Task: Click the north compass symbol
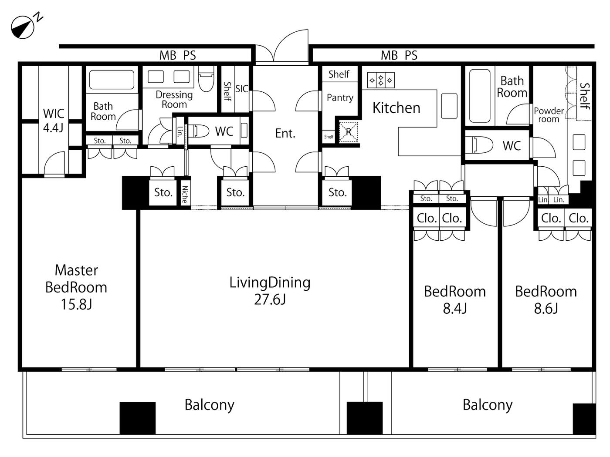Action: coord(23,27)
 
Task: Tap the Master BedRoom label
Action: coord(76,287)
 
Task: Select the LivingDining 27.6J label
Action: coord(270,291)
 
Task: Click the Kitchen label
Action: coord(396,108)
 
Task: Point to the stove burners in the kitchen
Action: coord(381,80)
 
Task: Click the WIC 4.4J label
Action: coord(53,121)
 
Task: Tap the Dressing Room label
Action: coord(174,100)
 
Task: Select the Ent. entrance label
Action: coord(285,133)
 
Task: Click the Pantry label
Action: coord(340,98)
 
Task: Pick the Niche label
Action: coord(185,194)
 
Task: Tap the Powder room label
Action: coord(549,115)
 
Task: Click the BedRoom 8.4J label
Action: coord(455,299)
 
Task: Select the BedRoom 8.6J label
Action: coord(546,299)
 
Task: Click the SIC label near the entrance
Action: coord(241,89)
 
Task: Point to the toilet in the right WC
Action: coord(479,145)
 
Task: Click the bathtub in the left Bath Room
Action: coord(112,80)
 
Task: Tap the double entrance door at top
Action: coord(282,48)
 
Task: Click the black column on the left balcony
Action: coord(138,418)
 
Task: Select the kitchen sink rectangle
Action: coord(449,106)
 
